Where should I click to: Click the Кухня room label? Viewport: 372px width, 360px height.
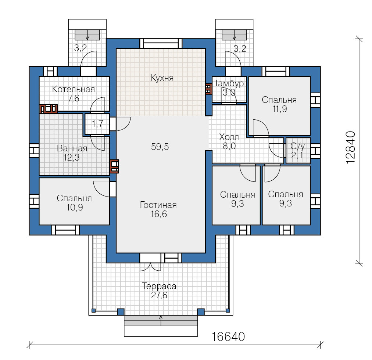162,78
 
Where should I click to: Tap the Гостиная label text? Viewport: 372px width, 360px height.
158,205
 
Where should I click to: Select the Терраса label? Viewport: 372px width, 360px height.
159,286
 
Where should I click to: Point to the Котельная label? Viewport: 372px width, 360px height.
73,89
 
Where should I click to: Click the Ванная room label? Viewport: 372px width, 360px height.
72,148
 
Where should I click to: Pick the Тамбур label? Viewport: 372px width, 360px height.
229,83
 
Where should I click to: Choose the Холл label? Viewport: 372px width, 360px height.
229,137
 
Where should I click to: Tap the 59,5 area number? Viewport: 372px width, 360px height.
160,147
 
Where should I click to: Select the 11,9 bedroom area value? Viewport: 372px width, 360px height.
280,109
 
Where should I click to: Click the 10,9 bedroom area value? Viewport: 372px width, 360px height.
75,208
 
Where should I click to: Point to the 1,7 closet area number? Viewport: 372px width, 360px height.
97,123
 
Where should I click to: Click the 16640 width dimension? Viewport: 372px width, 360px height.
228,337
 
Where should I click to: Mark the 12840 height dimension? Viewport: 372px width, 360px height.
351,147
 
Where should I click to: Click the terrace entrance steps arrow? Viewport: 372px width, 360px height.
161,320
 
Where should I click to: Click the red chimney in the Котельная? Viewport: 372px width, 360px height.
49,109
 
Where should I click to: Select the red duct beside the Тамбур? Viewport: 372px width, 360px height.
208,89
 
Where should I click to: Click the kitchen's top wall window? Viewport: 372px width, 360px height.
161,43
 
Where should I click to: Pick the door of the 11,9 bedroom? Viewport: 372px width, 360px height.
261,128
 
